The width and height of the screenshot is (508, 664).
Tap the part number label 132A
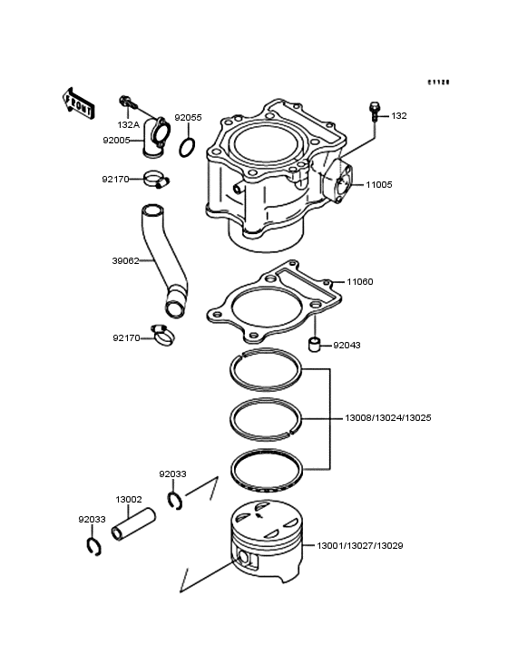coord(128,124)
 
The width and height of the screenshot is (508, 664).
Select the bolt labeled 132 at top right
coord(373,111)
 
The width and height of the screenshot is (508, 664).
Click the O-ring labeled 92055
coord(188,146)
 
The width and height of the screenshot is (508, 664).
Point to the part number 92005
coord(115,141)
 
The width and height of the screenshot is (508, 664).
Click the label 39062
coord(124,260)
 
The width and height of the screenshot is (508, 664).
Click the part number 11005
coord(378,184)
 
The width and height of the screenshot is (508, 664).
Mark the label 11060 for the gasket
coord(360,282)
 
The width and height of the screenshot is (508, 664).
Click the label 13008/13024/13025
coord(387,419)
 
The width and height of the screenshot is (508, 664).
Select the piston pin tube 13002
coord(134,524)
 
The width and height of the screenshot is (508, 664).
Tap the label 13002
coord(128,499)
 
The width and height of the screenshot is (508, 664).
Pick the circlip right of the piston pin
coord(176,499)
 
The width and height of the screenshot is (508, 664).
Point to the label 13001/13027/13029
coord(359,546)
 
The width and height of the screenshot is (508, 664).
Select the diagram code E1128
coord(439,82)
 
